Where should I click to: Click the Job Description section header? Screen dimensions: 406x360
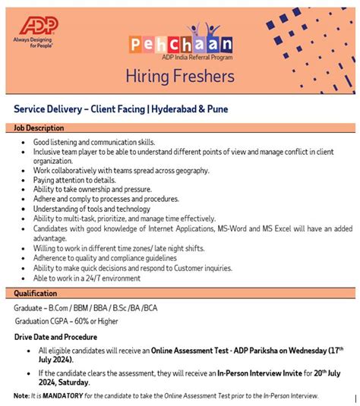tap(38, 128)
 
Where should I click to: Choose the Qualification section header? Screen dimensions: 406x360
tap(35, 293)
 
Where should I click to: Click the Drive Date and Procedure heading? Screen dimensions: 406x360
tap(55, 336)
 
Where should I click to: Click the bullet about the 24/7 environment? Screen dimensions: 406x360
tap(87, 278)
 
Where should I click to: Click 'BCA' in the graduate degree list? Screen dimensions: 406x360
tap(152, 307)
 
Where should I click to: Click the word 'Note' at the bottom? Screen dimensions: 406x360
tap(21, 396)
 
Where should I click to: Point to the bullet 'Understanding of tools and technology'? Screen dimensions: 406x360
tap(92, 209)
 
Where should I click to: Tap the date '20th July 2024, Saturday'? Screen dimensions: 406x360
tap(68, 383)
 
